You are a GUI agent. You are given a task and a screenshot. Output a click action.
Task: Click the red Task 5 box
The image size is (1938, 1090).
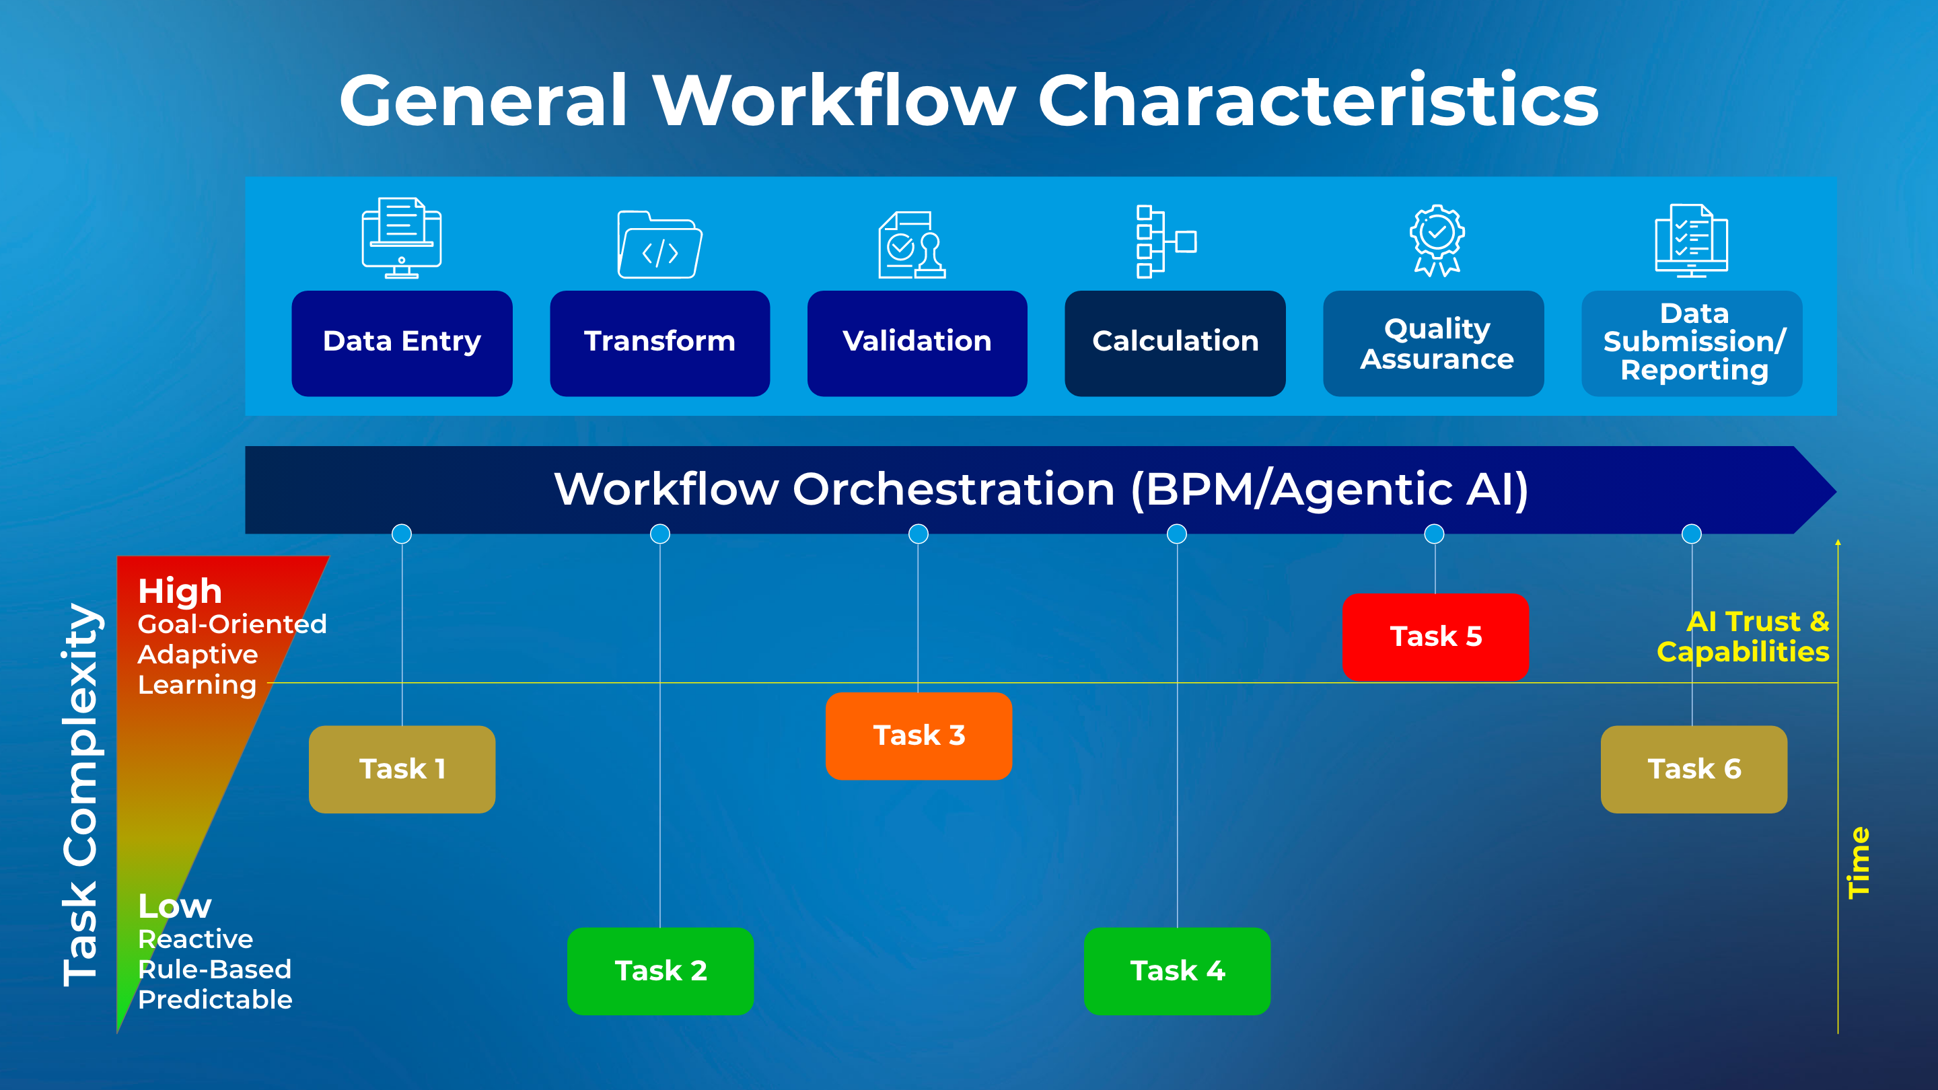pos(1435,637)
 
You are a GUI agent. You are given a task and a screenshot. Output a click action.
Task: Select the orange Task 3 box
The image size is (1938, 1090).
pos(919,735)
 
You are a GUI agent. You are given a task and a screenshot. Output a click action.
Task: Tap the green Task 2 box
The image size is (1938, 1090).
pos(659,970)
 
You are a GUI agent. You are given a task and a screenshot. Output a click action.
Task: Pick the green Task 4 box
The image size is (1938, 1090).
pos(1177,970)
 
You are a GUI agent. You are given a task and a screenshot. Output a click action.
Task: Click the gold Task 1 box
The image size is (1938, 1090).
pos(402,769)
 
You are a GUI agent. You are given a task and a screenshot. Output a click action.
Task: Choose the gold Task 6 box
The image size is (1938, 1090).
pos(1694,769)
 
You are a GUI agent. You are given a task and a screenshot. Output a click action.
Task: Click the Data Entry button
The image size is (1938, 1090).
pos(402,343)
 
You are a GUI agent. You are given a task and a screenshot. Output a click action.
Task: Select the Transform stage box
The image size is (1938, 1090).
pos(659,343)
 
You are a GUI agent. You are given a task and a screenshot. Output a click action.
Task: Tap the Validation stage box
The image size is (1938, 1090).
pos(917,343)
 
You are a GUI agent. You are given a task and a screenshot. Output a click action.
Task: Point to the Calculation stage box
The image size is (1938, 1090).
pos(1175,343)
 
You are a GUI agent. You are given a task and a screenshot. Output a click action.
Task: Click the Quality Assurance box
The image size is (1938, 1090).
pos(1433,343)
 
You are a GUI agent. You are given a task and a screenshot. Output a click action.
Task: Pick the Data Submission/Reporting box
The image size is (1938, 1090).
pos(1692,343)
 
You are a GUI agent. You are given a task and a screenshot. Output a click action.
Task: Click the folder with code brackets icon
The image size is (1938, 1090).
pos(659,245)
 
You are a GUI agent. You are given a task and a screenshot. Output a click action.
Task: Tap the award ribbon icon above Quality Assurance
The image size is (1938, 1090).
pos(1436,241)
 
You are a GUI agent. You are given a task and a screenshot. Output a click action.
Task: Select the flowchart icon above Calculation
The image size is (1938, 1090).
pos(1165,242)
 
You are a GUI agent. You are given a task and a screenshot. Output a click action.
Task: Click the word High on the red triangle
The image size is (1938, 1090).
pos(180,591)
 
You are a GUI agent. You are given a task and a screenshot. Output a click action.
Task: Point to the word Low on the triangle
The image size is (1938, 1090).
pos(174,906)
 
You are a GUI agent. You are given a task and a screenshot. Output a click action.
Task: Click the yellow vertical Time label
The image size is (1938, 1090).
pos(1858,863)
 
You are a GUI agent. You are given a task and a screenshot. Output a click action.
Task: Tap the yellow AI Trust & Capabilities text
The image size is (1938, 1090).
pos(1744,637)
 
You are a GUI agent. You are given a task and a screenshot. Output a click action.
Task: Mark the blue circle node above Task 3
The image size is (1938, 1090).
pos(919,534)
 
